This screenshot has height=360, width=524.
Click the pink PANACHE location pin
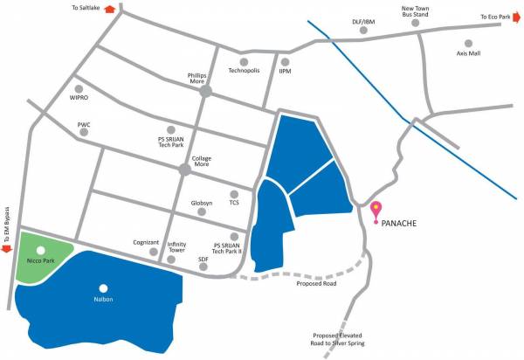[x=377, y=211]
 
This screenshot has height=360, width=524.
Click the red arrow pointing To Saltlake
[x=110, y=9]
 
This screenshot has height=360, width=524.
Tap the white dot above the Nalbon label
[x=104, y=287]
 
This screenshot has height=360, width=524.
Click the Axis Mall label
[x=468, y=54]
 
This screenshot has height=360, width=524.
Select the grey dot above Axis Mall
[x=468, y=43]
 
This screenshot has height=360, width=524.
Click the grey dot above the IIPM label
[x=285, y=61]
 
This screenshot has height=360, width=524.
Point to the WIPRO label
[x=79, y=100]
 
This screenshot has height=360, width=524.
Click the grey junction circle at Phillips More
[x=206, y=91]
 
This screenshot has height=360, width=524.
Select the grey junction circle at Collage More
[x=186, y=170]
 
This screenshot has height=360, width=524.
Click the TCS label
[x=234, y=203]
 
